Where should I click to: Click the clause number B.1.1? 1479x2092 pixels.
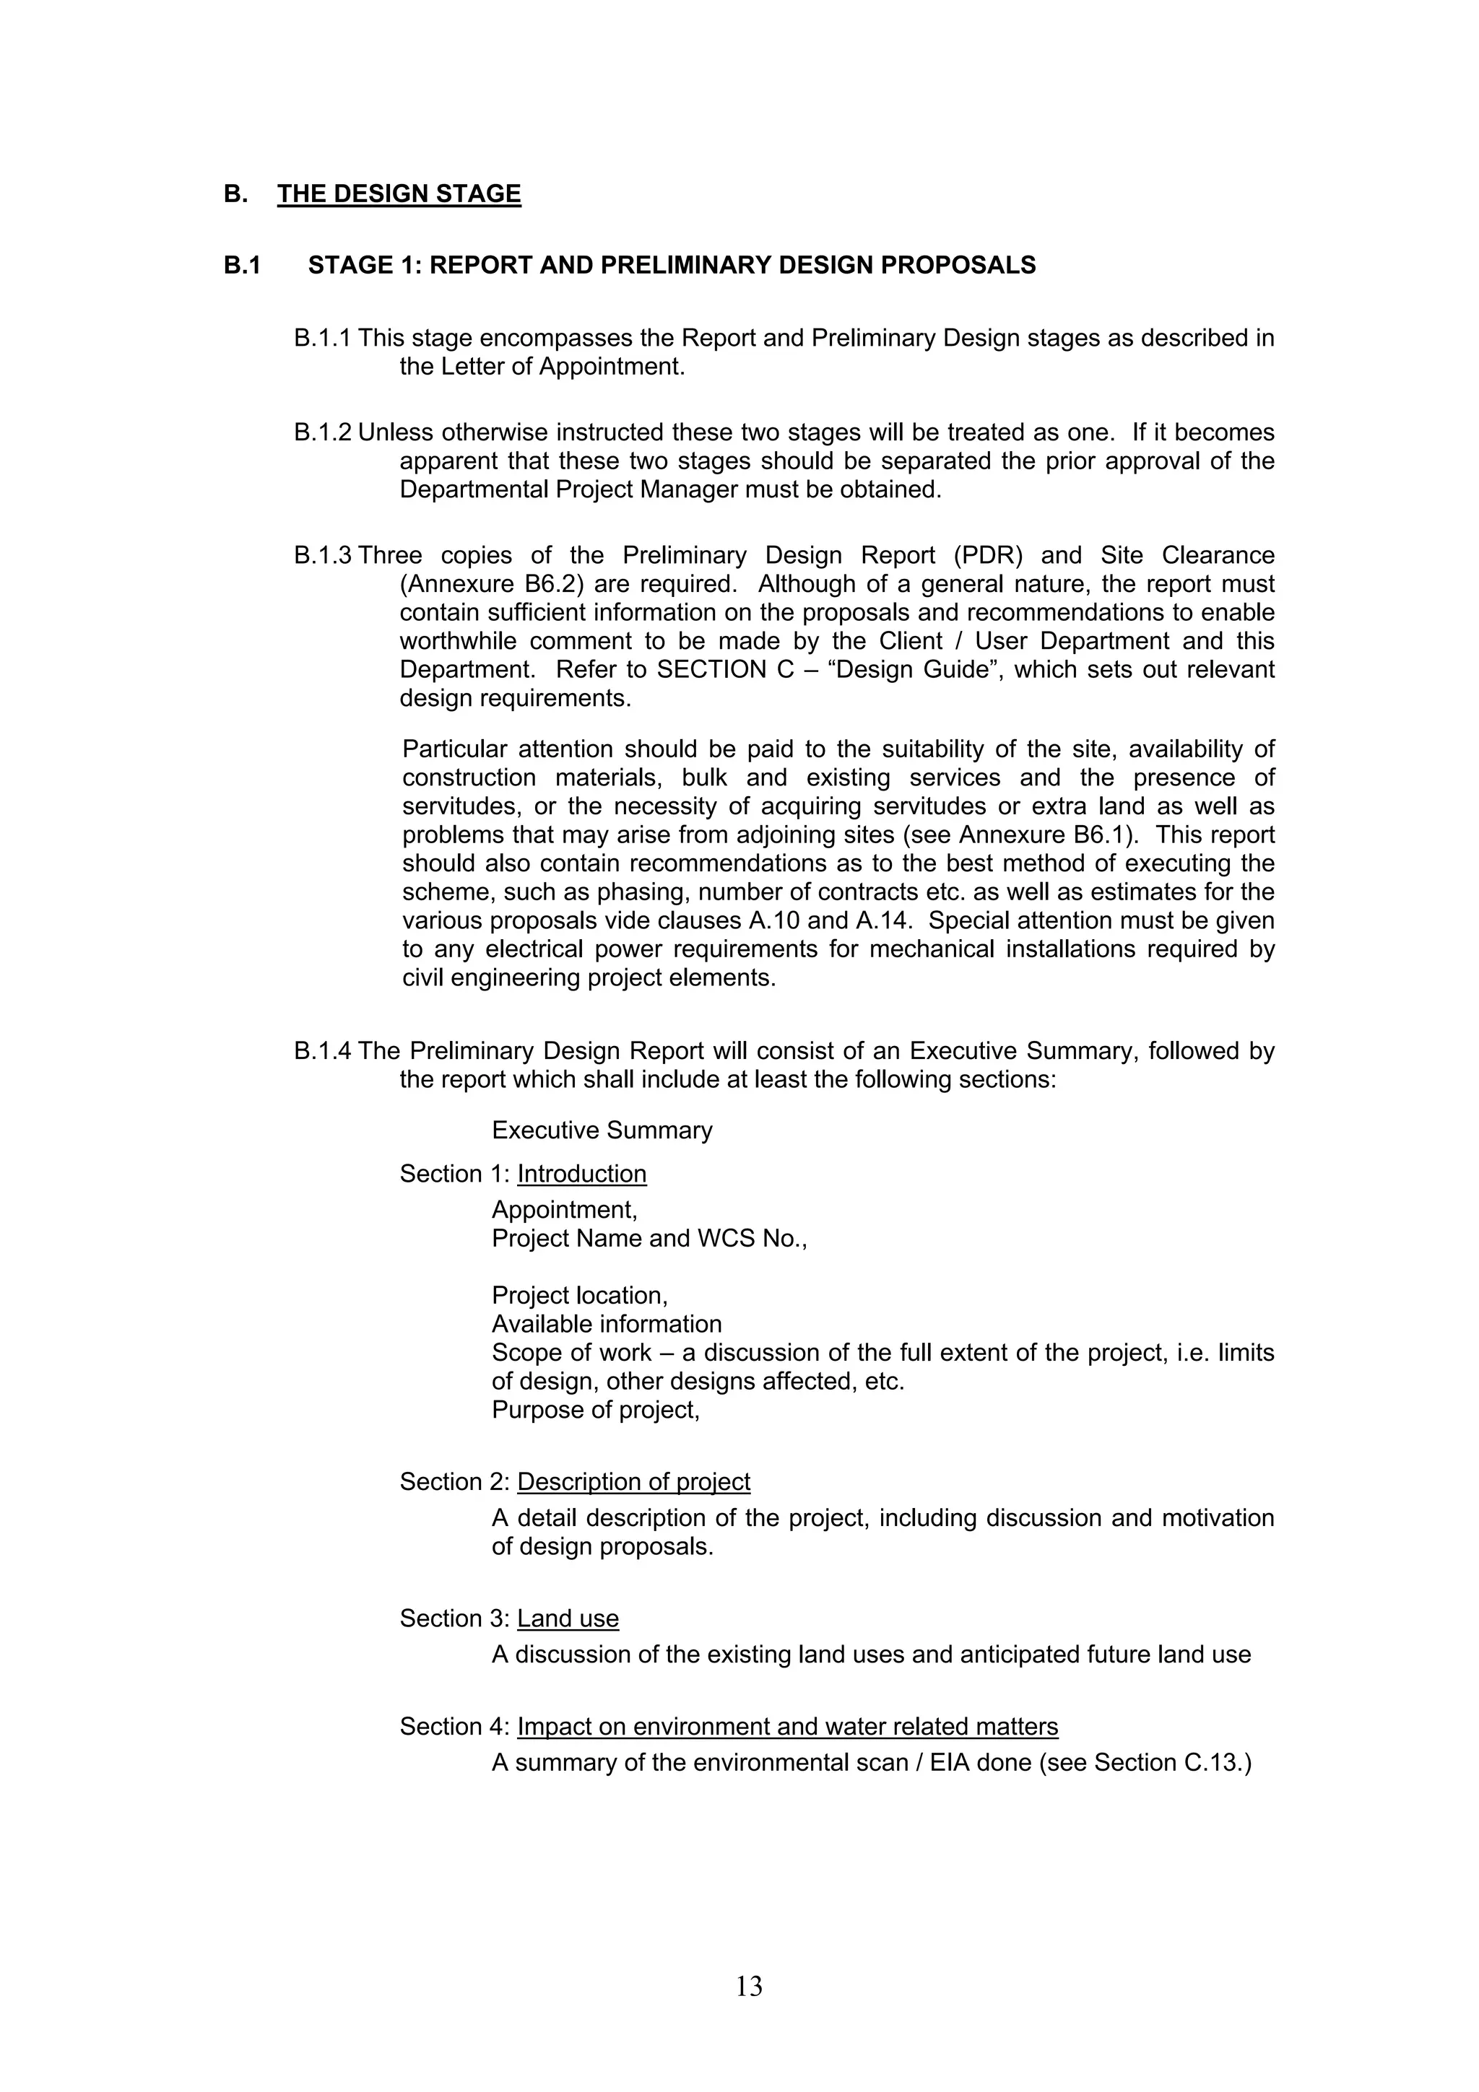tap(321, 339)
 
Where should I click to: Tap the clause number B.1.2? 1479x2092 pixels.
tap(321, 433)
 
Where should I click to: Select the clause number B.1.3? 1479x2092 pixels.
tap(321, 556)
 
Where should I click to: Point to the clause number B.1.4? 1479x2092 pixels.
tap(321, 1052)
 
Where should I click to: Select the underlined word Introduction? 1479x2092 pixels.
tap(581, 1174)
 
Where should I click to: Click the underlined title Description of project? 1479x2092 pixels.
tap(633, 1483)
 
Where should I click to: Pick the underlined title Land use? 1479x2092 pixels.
tap(568, 1619)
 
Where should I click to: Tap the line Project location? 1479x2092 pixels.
tap(580, 1296)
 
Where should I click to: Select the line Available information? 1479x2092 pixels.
tap(606, 1325)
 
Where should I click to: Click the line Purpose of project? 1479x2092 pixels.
tap(595, 1411)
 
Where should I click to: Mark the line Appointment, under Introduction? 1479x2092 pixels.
tap(564, 1211)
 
